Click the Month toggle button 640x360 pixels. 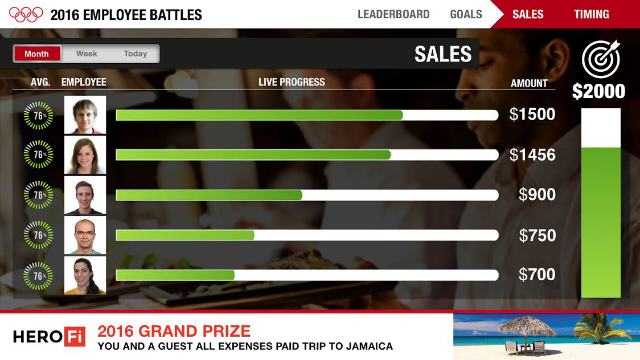pos(37,54)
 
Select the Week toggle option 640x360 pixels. pos(87,54)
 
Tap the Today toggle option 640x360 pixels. pos(135,54)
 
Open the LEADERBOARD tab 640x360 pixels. pos(393,14)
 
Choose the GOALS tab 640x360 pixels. pos(466,14)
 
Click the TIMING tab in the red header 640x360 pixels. pos(592,14)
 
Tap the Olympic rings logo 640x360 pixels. pos(26,14)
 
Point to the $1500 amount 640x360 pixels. pos(532,114)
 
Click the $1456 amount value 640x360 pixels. pos(532,155)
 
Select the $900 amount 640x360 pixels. pos(537,194)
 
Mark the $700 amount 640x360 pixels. pos(537,275)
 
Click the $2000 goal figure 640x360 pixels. pos(598,91)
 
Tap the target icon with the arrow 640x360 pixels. pos(601,59)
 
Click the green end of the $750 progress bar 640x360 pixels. pos(252,235)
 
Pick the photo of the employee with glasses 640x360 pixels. pos(85,235)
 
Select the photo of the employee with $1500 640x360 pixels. pos(85,114)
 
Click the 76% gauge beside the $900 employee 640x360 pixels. pos(38,195)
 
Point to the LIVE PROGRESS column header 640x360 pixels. pos(292,82)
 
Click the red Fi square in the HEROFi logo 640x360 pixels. pos(75,337)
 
